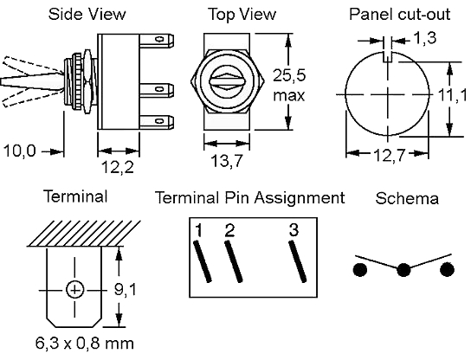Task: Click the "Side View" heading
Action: pyautogui.click(x=87, y=14)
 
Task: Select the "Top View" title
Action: pyautogui.click(x=242, y=14)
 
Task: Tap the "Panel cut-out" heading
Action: pyautogui.click(x=400, y=14)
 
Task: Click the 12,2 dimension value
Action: pyautogui.click(x=118, y=167)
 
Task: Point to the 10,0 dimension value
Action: pyautogui.click(x=20, y=151)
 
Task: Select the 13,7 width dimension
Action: pyautogui.click(x=227, y=161)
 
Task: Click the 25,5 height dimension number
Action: pyautogui.click(x=289, y=75)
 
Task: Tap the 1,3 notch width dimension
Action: pyautogui.click(x=425, y=38)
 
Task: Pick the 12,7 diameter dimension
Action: pyautogui.click(x=390, y=155)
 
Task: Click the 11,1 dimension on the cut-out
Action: pyautogui.click(x=453, y=95)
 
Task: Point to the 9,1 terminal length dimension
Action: pyautogui.click(x=126, y=289)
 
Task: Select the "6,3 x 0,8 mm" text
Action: pyautogui.click(x=84, y=343)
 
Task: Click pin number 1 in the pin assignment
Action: pyautogui.click(x=198, y=230)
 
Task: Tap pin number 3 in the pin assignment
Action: pyautogui.click(x=294, y=229)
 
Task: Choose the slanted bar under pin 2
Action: pyautogui.click(x=234, y=262)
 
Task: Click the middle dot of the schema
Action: pyautogui.click(x=403, y=269)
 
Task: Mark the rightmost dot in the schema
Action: pyautogui.click(x=447, y=269)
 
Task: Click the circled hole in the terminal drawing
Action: pyautogui.click(x=74, y=290)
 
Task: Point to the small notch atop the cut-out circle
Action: pyautogui.click(x=388, y=57)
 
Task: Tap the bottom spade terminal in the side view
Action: pyautogui.click(x=157, y=122)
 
